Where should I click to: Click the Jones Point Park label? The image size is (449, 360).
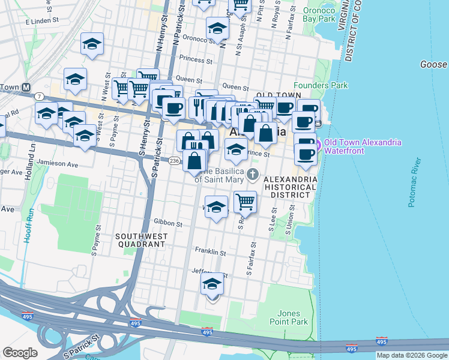[293, 317]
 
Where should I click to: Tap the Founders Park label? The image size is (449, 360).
[321, 85]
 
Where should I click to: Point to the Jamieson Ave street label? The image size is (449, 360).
[58, 163]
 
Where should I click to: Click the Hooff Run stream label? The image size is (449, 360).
[28, 227]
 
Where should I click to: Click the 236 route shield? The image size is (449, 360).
[174, 161]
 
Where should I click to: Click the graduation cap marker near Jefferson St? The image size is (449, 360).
[212, 284]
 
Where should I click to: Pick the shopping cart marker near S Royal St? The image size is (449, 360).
[245, 202]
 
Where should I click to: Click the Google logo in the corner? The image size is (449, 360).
[20, 353]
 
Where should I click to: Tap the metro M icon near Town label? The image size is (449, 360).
[26, 87]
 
